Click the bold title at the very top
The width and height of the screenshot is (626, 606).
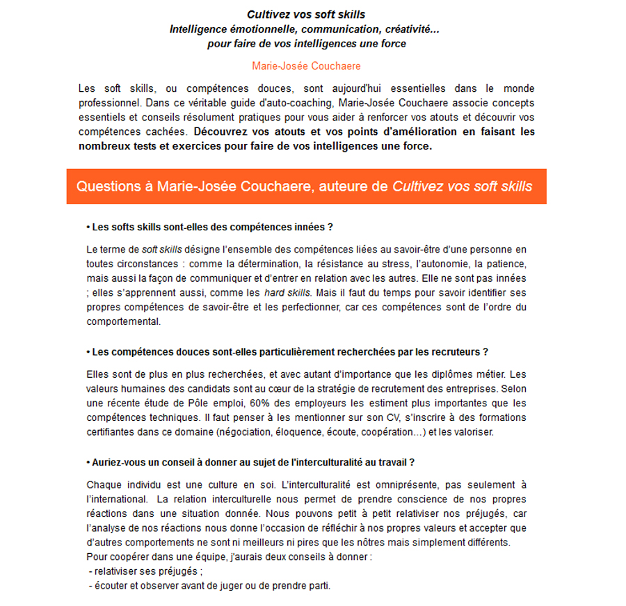(x=306, y=14)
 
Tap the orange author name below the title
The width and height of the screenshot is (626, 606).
(x=307, y=66)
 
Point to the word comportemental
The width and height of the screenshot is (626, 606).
(x=124, y=321)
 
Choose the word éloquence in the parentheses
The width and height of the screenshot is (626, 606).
(x=289, y=432)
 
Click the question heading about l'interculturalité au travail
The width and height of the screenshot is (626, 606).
(x=250, y=462)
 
